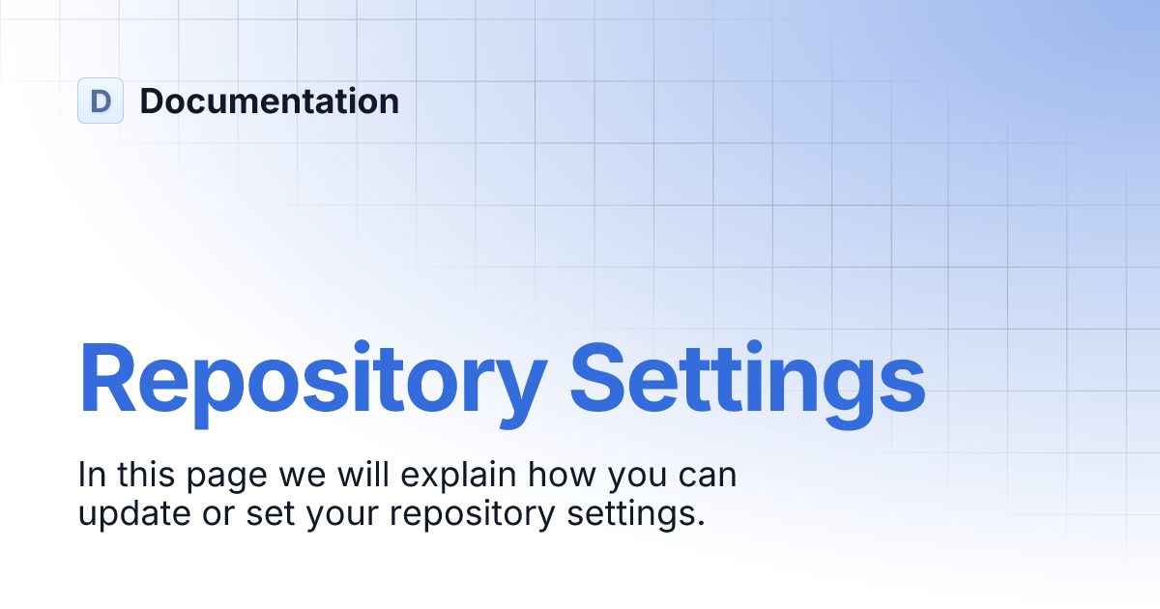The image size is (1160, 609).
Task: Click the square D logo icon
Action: [101, 101]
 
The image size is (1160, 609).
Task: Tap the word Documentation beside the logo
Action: [269, 101]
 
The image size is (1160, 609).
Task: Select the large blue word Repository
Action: [312, 381]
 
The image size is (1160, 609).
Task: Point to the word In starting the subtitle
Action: [92, 476]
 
